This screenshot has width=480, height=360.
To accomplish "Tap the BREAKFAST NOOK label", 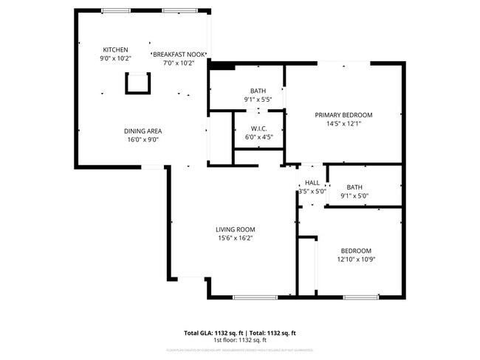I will (x=178, y=55).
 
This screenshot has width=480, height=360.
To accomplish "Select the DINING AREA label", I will (x=142, y=131).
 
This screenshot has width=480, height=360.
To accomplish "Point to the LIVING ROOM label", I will (x=235, y=229).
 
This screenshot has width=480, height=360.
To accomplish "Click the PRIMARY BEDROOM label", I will (x=343, y=115).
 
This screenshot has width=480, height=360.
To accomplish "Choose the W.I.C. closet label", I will (x=258, y=128).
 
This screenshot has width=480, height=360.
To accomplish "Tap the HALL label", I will (x=312, y=183).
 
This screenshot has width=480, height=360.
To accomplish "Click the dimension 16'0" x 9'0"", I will (x=142, y=139).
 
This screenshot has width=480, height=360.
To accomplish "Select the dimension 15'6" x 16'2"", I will (x=235, y=238).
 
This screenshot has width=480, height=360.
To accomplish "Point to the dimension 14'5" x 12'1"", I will (x=343, y=124).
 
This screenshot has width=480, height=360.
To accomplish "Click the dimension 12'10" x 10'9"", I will (x=356, y=259).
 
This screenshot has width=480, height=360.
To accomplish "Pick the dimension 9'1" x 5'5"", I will (x=258, y=100).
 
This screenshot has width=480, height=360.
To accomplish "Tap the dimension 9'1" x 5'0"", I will (x=354, y=196).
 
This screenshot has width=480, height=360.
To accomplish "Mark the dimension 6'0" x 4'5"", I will (x=258, y=136).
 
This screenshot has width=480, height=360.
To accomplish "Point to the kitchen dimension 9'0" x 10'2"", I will (x=114, y=58).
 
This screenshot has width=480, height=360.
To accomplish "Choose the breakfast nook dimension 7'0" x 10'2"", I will (x=178, y=63).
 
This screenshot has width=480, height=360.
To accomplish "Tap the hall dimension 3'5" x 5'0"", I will (x=312, y=191).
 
